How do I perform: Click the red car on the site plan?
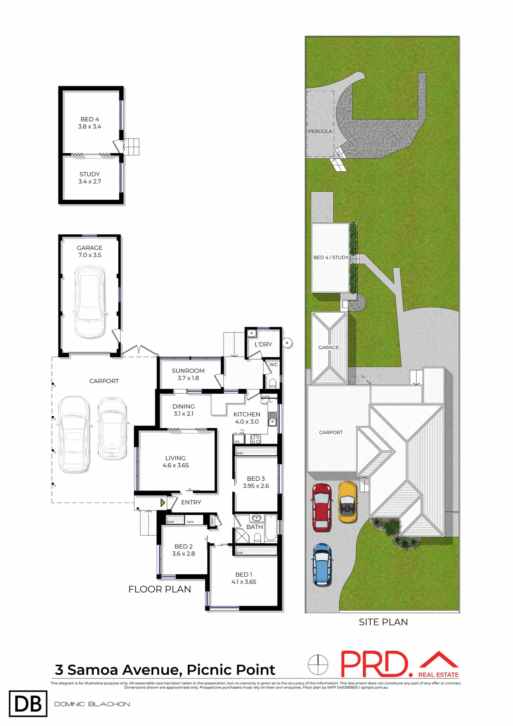pyautogui.click(x=321, y=507)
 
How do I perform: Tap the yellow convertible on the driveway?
pyautogui.click(x=347, y=502)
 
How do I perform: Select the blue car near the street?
pyautogui.click(x=322, y=564)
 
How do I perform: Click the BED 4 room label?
pyautogui.click(x=90, y=123)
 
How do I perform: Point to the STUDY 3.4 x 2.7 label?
pyautogui.click(x=90, y=178)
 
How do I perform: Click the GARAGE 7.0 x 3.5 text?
pyautogui.click(x=90, y=251)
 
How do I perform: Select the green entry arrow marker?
pyautogui.click(x=163, y=503)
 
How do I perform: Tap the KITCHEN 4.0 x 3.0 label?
pyautogui.click(x=247, y=418)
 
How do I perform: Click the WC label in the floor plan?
pyautogui.click(x=273, y=365)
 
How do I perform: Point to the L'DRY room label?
pyautogui.click(x=263, y=344)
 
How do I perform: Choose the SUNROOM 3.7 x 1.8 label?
pyautogui.click(x=188, y=374)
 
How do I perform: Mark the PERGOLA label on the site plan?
pyautogui.click(x=320, y=131)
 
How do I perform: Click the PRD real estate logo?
pyautogui.click(x=399, y=664)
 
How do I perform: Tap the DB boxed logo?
pyautogui.click(x=28, y=704)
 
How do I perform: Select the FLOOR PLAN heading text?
pyautogui.click(x=159, y=589)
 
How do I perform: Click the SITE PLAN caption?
pyautogui.click(x=383, y=622)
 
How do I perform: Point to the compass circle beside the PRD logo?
pyautogui.click(x=318, y=664)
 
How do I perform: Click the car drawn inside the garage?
pyautogui.click(x=90, y=301)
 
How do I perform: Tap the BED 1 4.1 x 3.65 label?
pyautogui.click(x=244, y=578)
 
